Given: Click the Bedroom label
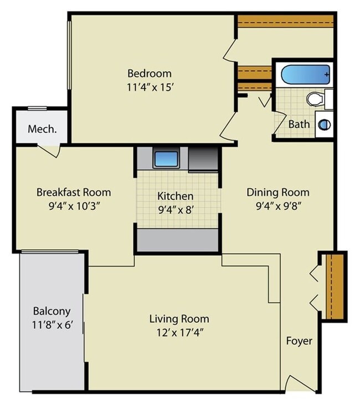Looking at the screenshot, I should (x=150, y=73).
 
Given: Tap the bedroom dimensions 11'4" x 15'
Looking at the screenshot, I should (x=150, y=87).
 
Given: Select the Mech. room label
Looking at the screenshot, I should (x=42, y=130).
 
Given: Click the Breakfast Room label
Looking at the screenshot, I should (x=74, y=192).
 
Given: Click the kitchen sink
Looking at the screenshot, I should (x=166, y=159).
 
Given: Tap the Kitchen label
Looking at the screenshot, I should (x=176, y=196).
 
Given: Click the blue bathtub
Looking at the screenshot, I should (x=304, y=74).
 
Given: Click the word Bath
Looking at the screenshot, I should (x=299, y=124).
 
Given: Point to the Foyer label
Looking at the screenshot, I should (x=299, y=341).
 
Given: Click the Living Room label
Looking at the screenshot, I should (x=179, y=318).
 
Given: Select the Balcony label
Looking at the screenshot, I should (x=51, y=311).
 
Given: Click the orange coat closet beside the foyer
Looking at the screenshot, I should (x=335, y=286).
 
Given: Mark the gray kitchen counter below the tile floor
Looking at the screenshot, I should (x=177, y=240).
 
